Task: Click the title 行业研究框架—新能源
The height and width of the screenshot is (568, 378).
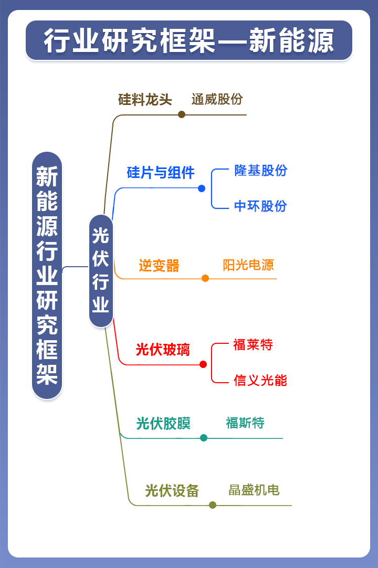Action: click(189, 41)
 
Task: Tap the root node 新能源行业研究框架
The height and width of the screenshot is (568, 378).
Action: click(47, 275)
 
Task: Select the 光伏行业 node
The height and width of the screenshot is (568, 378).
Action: click(101, 271)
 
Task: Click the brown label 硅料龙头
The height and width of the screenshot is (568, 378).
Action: click(145, 100)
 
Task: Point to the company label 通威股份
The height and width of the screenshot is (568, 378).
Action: click(217, 99)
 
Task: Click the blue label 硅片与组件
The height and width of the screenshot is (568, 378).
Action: click(161, 172)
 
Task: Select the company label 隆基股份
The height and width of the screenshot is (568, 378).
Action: click(260, 171)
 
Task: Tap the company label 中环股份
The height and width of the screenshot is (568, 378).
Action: click(260, 206)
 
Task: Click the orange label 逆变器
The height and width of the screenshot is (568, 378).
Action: click(159, 266)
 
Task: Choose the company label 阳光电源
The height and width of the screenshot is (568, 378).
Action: click(248, 265)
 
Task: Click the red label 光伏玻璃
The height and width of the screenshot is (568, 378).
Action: click(163, 349)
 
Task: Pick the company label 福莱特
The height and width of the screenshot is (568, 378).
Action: click(253, 345)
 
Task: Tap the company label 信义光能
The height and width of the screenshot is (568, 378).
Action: click(260, 381)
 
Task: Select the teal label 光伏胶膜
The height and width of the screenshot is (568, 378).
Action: click(163, 423)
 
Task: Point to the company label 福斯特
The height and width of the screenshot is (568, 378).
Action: click(245, 423)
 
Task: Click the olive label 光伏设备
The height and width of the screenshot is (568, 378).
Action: click(172, 490)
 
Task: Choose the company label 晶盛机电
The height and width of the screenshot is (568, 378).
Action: click(254, 490)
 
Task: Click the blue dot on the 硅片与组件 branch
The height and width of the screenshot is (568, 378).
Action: click(202, 188)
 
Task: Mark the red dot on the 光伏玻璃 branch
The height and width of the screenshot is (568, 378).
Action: click(203, 364)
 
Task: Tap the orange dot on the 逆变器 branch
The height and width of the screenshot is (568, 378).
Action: click(205, 278)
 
